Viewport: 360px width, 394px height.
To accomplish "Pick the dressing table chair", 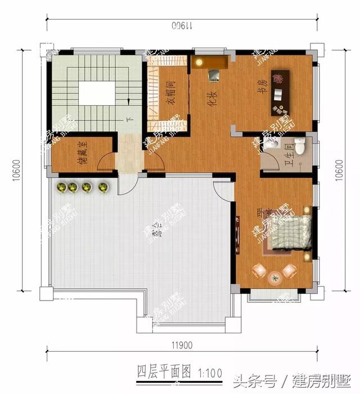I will (213, 74).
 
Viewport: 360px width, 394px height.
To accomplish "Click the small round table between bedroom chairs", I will (274, 276).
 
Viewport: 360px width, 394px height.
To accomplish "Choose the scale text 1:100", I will (209, 372).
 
